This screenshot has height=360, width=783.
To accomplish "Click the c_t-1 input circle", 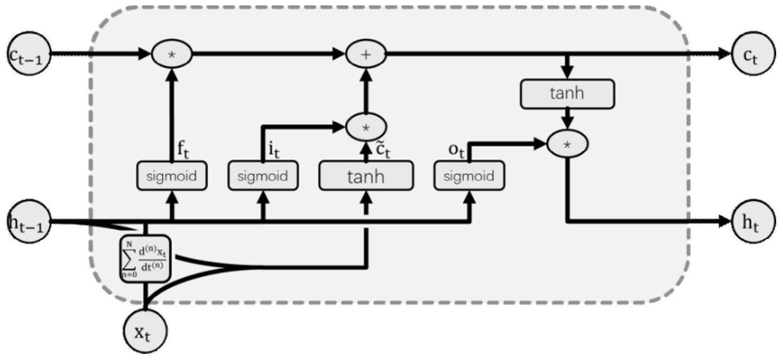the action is (29, 54).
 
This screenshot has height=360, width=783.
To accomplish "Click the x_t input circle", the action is (145, 330).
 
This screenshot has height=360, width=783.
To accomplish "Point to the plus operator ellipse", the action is (367, 54).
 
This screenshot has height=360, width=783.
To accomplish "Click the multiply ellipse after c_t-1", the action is (172, 54).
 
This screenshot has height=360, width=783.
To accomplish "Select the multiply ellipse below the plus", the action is (366, 127).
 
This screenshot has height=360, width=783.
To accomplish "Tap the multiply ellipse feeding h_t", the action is (567, 144).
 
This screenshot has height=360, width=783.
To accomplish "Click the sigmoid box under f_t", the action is (172, 176).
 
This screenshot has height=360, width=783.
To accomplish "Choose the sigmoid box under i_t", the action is (262, 176).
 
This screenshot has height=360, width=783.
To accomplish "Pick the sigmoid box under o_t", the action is (469, 176).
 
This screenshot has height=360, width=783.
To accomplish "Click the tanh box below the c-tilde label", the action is (366, 176).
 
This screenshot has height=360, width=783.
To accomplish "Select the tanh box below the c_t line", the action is (567, 93).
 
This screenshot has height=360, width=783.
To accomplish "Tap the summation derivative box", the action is (145, 258).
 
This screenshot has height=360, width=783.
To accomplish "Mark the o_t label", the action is (457, 152).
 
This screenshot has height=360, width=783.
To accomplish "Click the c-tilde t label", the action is (382, 149).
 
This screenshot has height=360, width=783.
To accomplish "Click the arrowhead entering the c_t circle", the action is (725, 54).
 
